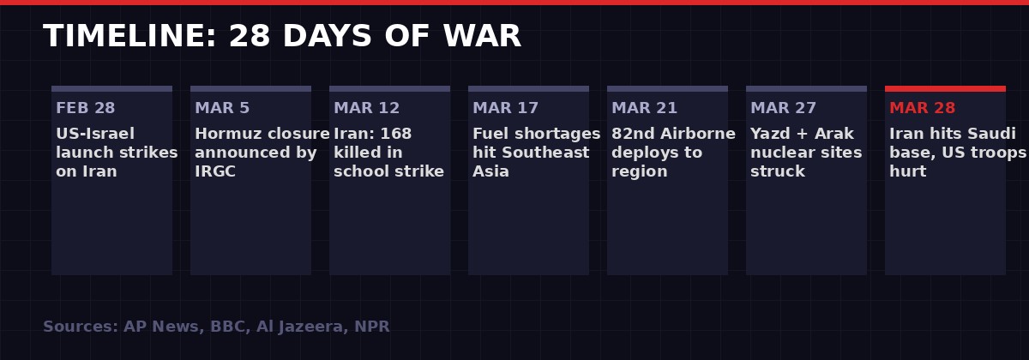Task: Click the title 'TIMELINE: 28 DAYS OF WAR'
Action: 282,37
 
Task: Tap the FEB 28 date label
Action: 85,109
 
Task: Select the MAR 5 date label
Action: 222,109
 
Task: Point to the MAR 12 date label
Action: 366,109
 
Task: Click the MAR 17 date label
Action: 505,109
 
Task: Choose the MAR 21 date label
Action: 644,109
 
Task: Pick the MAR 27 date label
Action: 783,109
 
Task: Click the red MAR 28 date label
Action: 922,109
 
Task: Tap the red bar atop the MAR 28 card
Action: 945,88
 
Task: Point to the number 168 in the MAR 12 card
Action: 395,135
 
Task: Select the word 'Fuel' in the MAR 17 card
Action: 490,135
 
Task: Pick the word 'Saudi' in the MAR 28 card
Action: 992,135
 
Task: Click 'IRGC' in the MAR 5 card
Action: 215,172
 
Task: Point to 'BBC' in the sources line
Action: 225,327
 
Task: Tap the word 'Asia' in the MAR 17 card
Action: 490,172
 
